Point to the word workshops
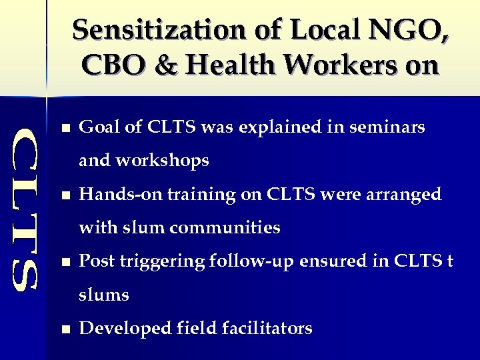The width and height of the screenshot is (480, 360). pyautogui.click(x=163, y=161)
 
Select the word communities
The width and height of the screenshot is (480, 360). pyautogui.click(x=225, y=228)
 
